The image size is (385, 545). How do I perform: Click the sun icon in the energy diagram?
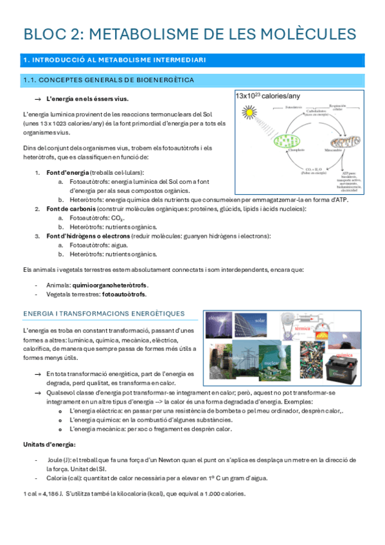tap(246, 113)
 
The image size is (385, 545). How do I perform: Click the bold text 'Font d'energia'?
tap(67, 173)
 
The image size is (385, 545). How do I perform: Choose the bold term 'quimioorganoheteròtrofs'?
tap(111, 285)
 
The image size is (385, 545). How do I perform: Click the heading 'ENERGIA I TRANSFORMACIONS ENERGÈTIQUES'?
tap(103, 314)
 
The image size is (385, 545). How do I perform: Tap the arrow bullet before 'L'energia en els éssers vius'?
tap(37, 98)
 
